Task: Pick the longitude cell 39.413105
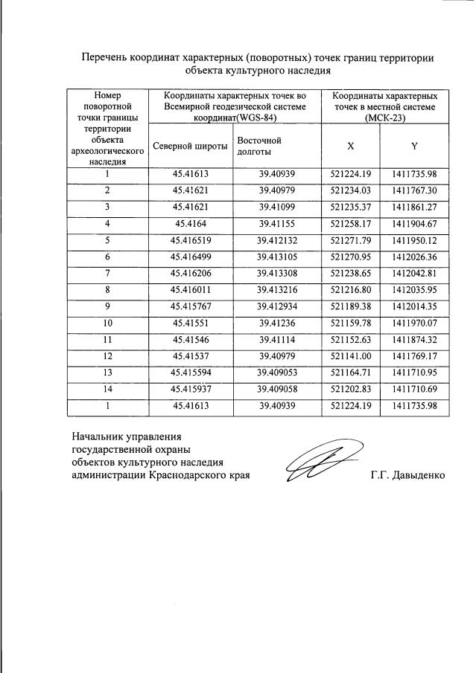tap(277, 257)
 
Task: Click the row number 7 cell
tap(107, 273)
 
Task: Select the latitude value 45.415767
tap(190, 306)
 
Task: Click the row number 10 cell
tap(107, 323)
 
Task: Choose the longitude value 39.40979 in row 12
tap(277, 355)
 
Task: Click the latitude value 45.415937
tap(190, 388)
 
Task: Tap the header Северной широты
tap(190, 146)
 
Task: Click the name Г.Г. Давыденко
tap(407, 474)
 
